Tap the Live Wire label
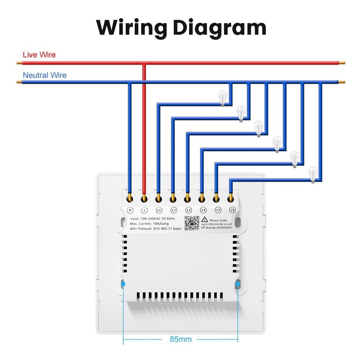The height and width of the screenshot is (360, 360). (39, 55)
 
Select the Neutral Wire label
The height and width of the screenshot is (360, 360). (45, 75)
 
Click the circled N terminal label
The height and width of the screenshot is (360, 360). (130, 211)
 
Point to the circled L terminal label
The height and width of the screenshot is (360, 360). (144, 211)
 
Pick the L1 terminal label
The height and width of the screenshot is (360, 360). (159, 211)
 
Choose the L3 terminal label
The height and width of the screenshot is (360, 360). (188, 211)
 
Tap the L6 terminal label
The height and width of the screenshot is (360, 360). (232, 211)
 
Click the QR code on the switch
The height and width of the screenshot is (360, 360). (192, 223)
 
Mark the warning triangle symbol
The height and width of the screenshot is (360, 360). (205, 220)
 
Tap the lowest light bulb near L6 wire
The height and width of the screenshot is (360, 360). (313, 174)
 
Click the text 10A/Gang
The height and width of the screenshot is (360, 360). (161, 224)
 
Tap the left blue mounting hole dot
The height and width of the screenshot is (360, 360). (123, 284)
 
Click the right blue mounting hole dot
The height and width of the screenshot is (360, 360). (238, 284)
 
